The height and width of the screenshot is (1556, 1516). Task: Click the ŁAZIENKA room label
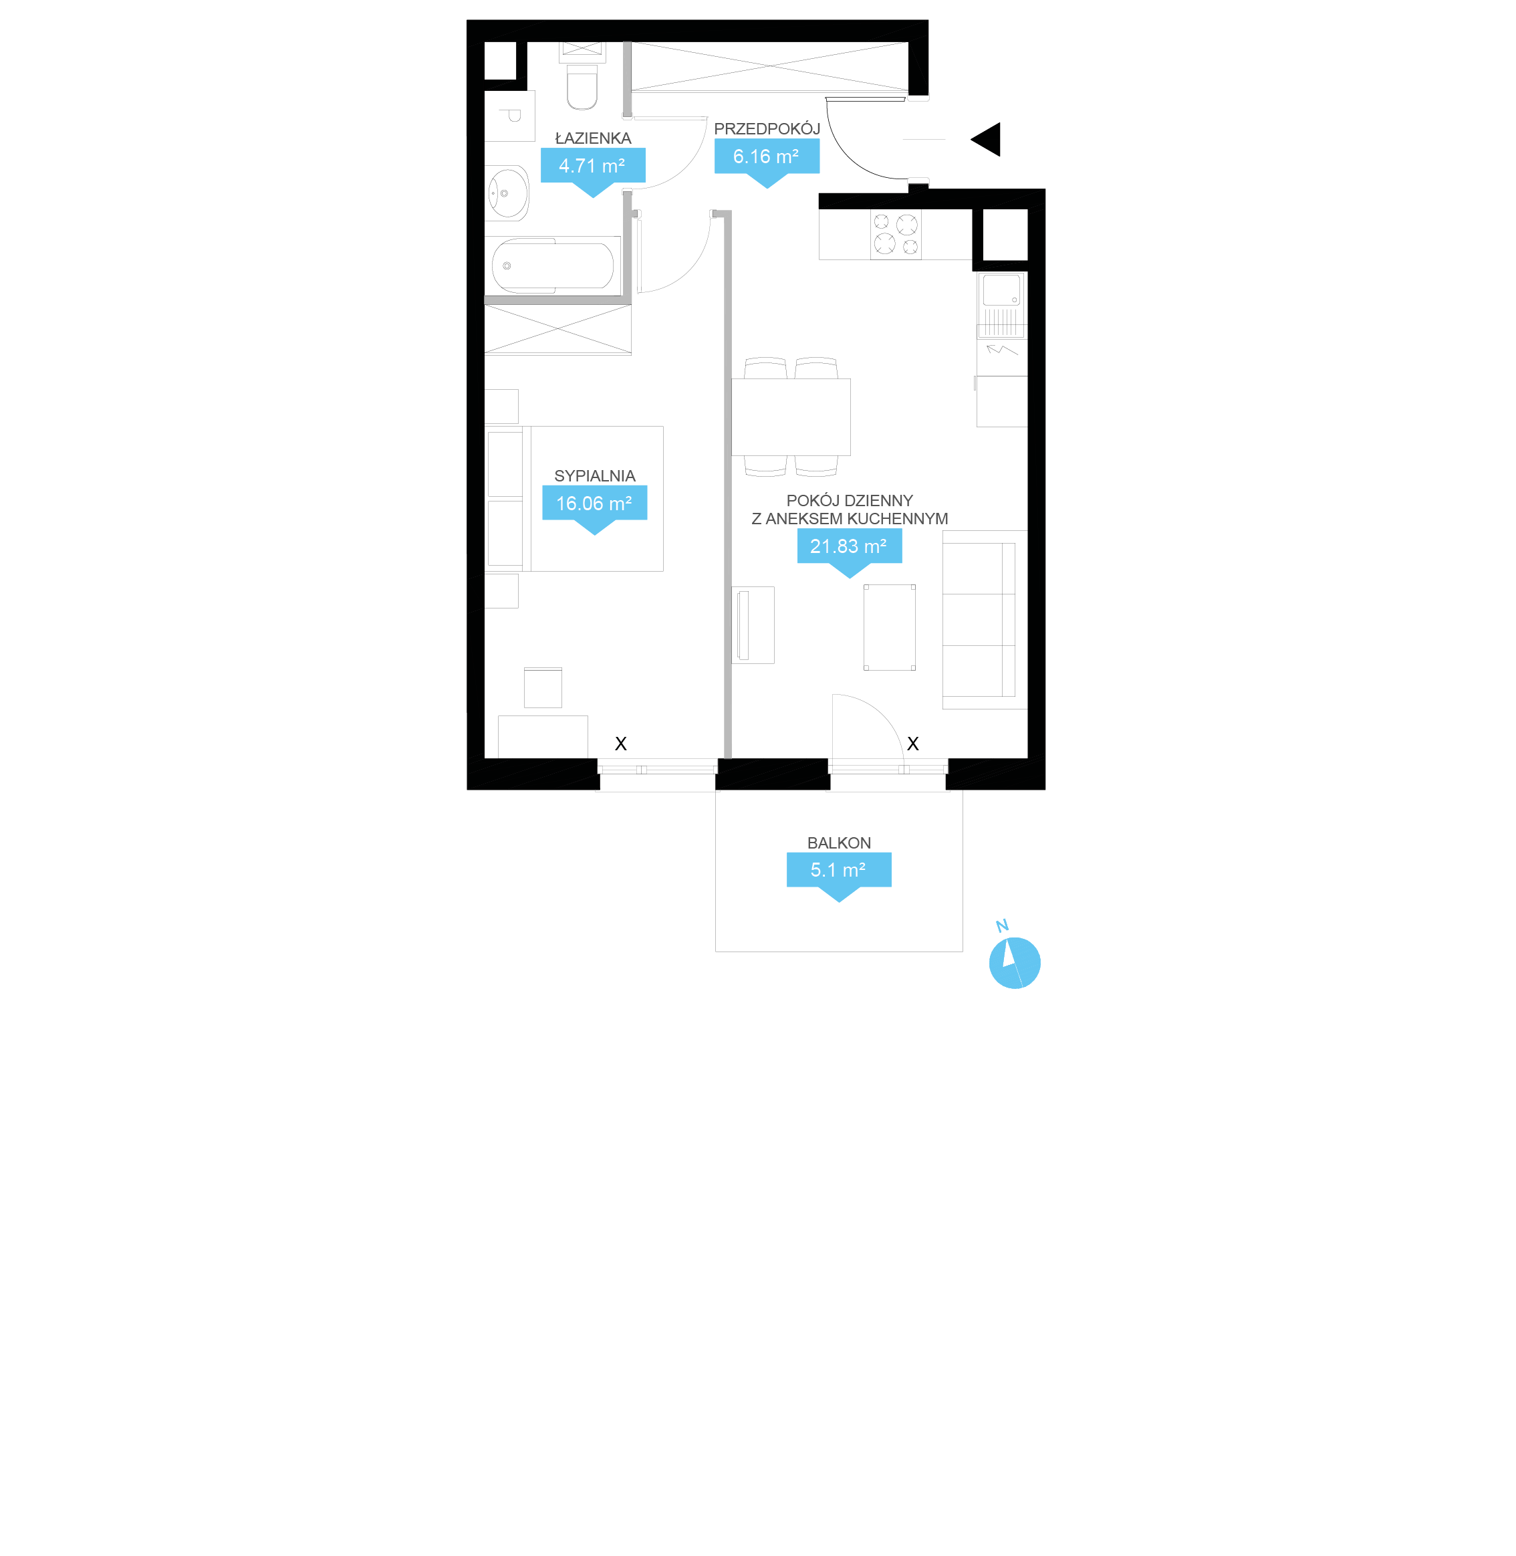point(593,138)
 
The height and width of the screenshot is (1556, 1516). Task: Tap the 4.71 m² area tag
point(593,166)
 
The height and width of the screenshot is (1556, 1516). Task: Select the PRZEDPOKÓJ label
point(767,128)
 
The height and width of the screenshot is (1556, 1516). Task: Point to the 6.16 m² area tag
point(767,156)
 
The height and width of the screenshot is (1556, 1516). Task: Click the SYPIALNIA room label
point(595,476)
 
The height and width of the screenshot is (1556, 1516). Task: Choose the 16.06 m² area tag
point(595,504)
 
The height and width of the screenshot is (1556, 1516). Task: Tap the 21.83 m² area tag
point(850,546)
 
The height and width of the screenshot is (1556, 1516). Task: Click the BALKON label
point(840,843)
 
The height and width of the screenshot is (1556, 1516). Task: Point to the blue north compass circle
point(1015,963)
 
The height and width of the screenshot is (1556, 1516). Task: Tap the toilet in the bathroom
point(582,86)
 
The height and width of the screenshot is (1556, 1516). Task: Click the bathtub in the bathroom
point(553,265)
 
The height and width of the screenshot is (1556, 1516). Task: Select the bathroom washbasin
point(508,193)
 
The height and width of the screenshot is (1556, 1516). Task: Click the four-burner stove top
point(896,234)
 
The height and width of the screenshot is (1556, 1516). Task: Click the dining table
point(791,417)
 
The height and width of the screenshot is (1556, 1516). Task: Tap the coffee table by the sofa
point(890,627)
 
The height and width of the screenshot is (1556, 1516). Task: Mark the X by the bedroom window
point(621,743)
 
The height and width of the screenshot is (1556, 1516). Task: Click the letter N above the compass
point(1003,925)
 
